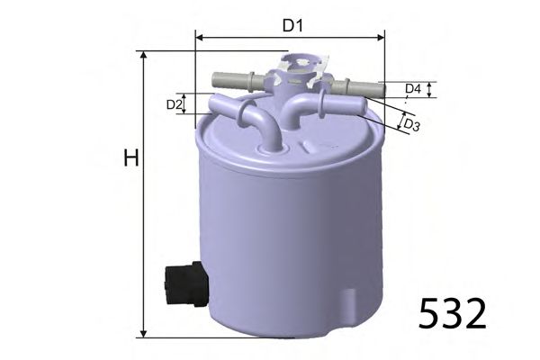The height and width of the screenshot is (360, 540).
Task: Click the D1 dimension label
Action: (x=291, y=25)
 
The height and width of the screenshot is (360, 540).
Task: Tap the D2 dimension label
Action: (x=175, y=105)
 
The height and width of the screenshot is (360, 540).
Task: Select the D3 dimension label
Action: (x=411, y=124)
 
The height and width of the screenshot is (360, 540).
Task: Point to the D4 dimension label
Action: (x=413, y=89)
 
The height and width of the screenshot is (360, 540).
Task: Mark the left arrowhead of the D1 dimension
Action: (x=199, y=38)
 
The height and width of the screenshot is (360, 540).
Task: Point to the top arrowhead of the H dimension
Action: (x=143, y=55)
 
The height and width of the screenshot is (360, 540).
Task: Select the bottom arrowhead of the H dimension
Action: (x=143, y=334)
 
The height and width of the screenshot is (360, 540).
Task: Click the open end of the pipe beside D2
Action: (x=213, y=103)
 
